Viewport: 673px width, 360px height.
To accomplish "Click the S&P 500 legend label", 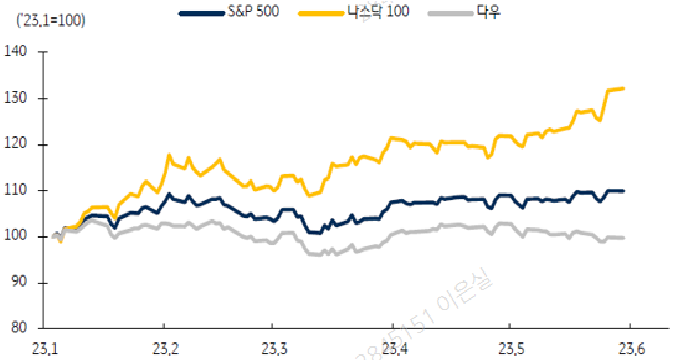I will click(253, 12).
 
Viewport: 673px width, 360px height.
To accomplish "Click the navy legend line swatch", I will click(201, 12).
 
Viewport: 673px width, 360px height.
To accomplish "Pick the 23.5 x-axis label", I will click(509, 349).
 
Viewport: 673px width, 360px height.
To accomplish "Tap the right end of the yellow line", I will click(623, 88).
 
